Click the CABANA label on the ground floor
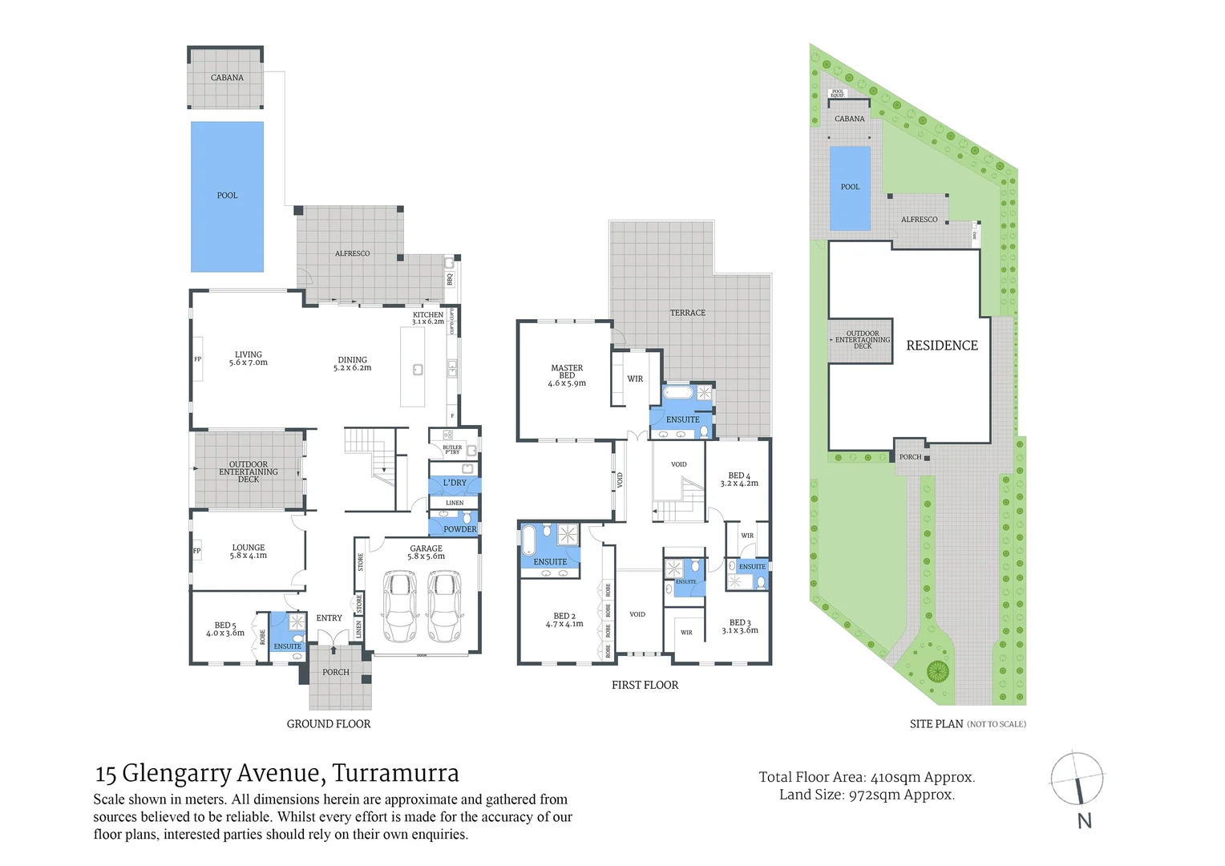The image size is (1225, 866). coord(227,78)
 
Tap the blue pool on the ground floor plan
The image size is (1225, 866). coord(227,196)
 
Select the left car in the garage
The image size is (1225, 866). coord(400,606)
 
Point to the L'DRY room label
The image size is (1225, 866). coord(455,483)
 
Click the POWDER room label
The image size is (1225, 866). coord(460,529)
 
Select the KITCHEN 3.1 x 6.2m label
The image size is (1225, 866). coord(428,318)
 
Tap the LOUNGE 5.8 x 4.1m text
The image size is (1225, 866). coord(249,552)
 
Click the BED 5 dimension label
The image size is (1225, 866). coord(225,633)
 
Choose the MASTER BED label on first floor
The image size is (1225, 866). coord(567,371)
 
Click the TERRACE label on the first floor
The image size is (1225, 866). coord(688,313)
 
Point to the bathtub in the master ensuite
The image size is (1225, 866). coord(678,393)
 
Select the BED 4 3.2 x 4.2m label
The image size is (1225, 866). coord(739,480)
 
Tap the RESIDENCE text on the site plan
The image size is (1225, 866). coord(942,346)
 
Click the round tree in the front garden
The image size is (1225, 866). coord(937,670)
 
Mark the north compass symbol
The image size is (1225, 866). coord(1077,779)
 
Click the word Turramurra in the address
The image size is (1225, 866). coord(395,773)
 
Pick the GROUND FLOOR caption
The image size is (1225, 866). coord(329,724)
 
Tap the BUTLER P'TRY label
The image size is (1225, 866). coord(452,450)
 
